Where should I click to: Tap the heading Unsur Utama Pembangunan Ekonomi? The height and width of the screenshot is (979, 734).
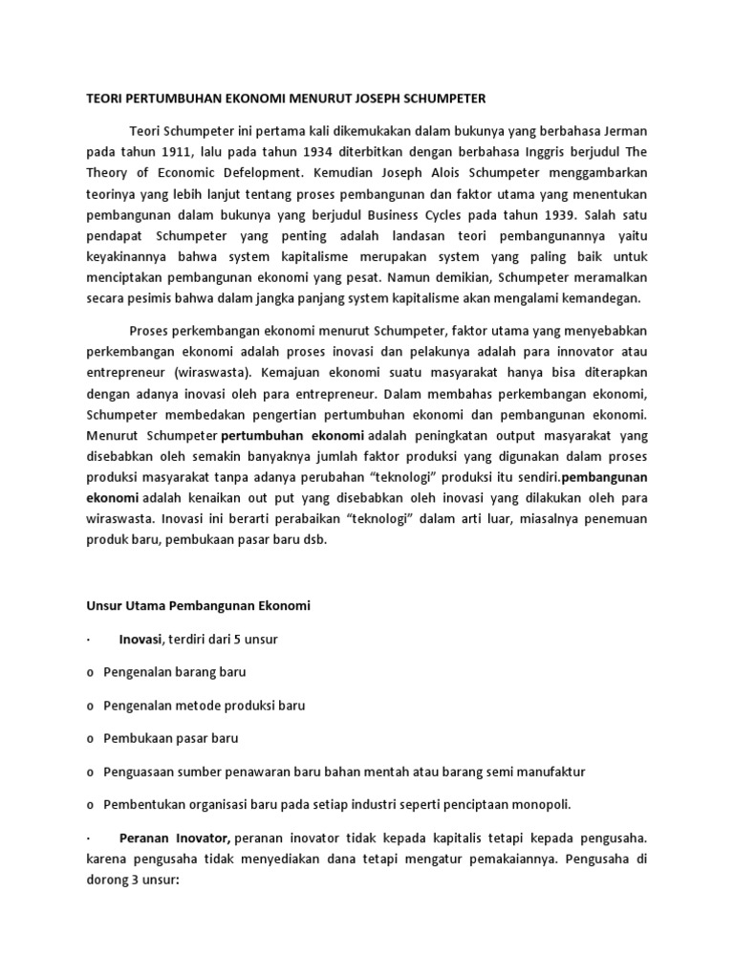point(198,606)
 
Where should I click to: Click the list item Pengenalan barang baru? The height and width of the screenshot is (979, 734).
point(174,672)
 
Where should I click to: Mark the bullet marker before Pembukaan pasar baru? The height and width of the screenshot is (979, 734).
point(89,738)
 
